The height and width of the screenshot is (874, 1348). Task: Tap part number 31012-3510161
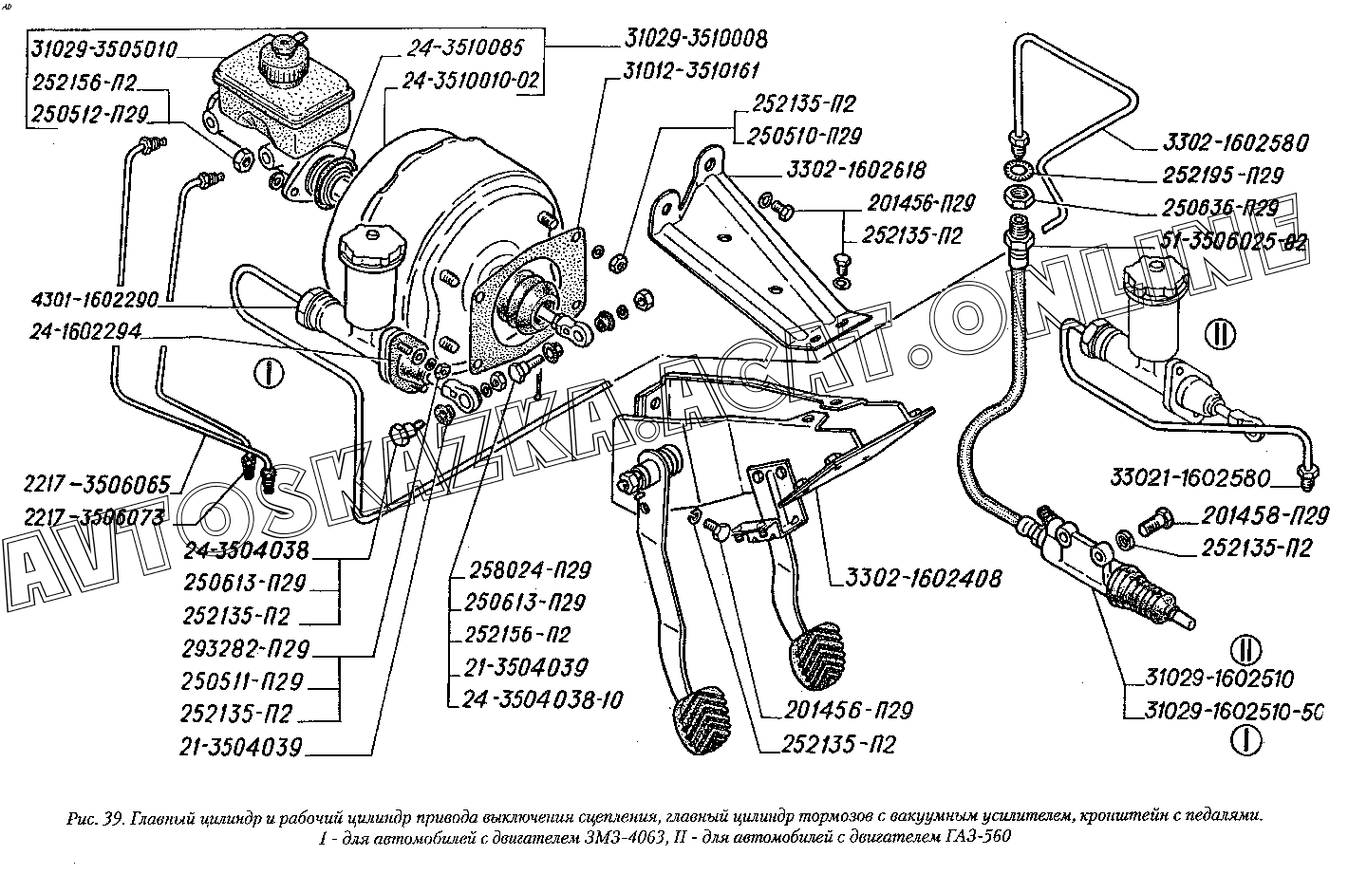tap(692, 71)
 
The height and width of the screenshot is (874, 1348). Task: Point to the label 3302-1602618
tap(855, 171)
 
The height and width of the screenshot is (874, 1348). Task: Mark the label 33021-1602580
tap(1192, 474)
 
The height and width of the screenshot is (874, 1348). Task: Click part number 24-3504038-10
tap(544, 700)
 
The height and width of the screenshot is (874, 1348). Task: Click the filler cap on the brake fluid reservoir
tap(282, 53)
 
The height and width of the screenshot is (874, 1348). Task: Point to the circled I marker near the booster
tap(271, 372)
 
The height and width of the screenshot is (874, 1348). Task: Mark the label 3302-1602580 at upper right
tap(1235, 144)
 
